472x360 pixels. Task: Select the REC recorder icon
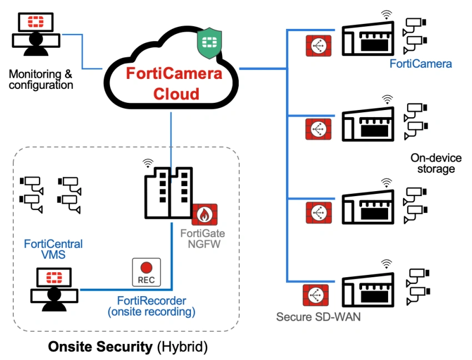[146, 272]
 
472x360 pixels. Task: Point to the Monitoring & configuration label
[41, 79]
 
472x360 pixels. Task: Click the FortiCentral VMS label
[53, 249]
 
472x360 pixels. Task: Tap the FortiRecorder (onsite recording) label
[152, 307]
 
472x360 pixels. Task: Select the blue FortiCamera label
[420, 64]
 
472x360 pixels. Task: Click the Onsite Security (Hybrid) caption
[128, 347]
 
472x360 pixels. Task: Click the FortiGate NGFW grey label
[203, 238]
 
